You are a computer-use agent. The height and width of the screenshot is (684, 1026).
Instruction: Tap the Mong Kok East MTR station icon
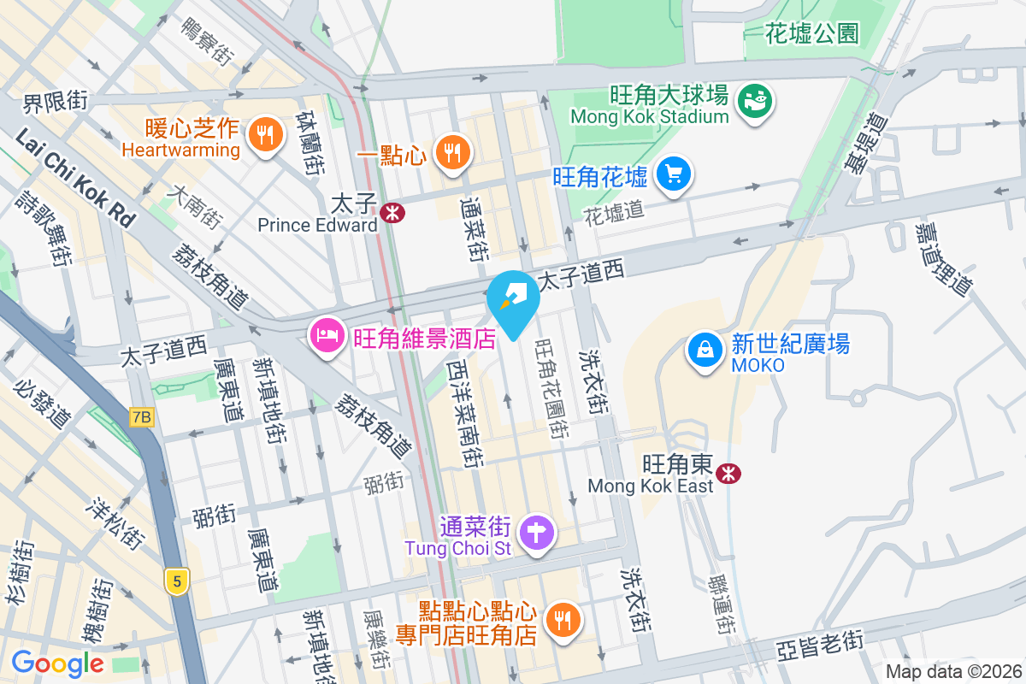tap(728, 473)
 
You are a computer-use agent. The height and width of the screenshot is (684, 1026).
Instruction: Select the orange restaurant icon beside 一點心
tap(451, 153)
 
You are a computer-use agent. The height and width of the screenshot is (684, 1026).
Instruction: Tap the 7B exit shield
tap(142, 417)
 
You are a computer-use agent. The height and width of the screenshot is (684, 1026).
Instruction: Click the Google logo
tap(57, 663)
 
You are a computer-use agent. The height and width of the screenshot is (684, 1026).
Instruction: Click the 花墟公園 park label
tap(811, 34)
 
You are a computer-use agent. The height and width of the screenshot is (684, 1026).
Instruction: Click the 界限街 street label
tap(55, 103)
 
